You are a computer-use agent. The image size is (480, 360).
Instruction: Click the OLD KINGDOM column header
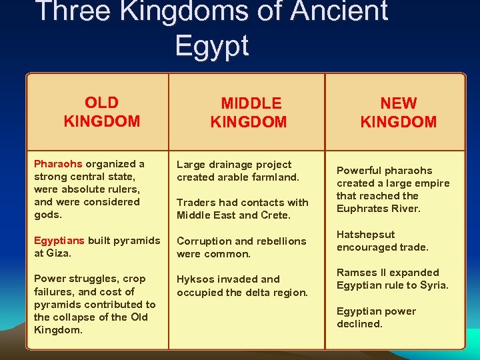tap(102, 112)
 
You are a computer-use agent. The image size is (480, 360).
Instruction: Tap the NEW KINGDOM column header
tap(398, 113)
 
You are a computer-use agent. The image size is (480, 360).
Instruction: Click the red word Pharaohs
tap(58, 164)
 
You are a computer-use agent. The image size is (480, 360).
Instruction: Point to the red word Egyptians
tap(59, 240)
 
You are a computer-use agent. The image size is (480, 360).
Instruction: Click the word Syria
tap(434, 285)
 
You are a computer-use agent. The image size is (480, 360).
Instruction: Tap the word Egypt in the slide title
tap(212, 45)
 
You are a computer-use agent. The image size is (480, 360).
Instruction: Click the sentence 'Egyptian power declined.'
tap(376, 317)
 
